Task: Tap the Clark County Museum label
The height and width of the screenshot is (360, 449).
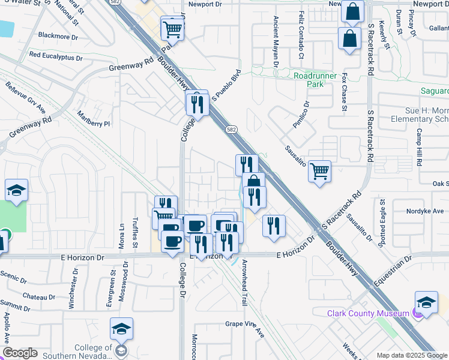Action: coord(367,313)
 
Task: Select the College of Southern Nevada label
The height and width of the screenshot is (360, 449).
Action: coord(93,352)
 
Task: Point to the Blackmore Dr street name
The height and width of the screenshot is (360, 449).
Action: coord(58,37)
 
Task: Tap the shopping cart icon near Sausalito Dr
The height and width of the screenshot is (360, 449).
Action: coord(319,172)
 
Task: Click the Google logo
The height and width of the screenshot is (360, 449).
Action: coord(20,353)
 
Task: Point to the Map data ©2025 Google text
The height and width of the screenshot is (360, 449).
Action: coord(412,355)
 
